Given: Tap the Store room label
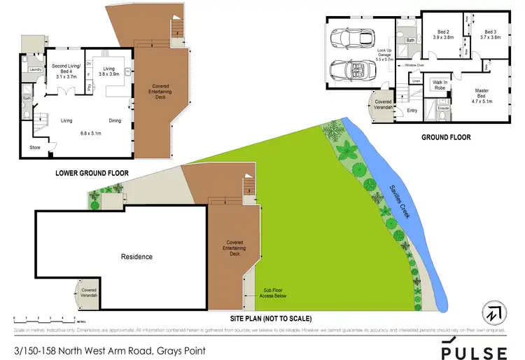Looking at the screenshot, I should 35,148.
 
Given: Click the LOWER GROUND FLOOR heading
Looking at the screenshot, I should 89,172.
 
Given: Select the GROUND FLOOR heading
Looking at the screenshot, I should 445,137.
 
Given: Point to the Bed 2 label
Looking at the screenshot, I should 444,35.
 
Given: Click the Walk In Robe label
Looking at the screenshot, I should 440,84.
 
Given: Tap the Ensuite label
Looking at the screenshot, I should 442,108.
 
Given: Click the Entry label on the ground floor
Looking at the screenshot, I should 412,110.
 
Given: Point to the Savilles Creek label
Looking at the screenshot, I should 400,200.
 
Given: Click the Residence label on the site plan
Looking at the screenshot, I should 136,256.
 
